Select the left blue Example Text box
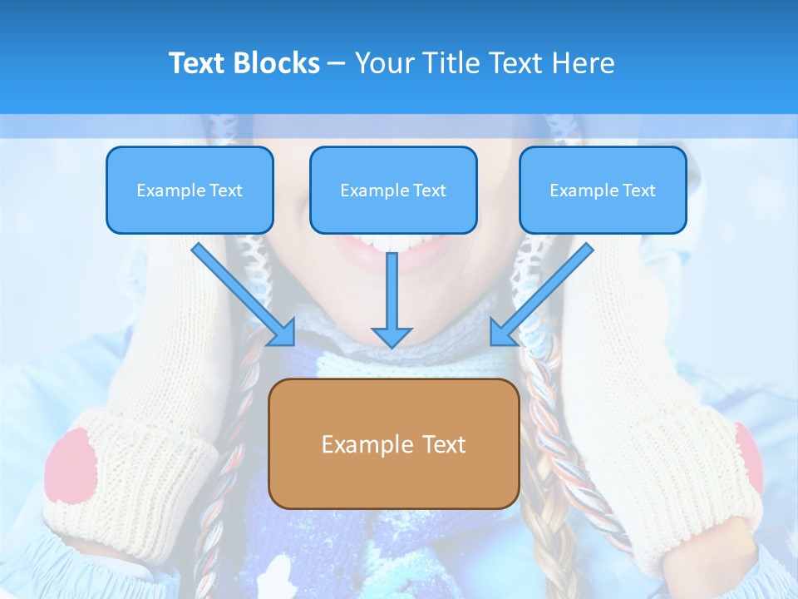tap(190, 190)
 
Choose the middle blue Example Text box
tap(393, 190)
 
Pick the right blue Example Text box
tap(603, 190)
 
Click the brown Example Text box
tap(393, 443)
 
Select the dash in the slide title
tap(337, 64)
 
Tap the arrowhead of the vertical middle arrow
tap(392, 336)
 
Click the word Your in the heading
tap(381, 63)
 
